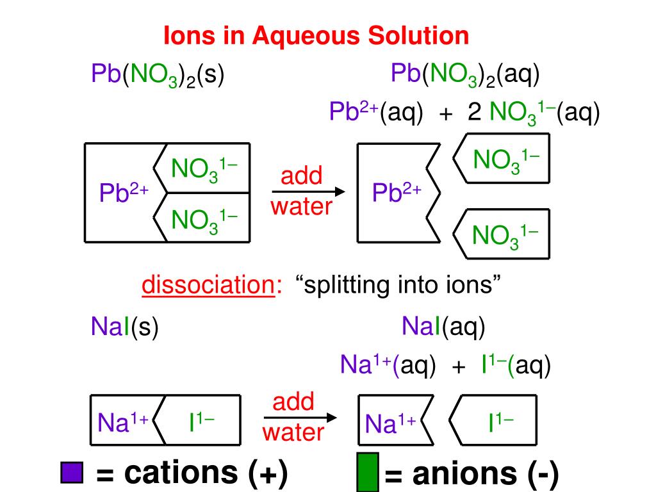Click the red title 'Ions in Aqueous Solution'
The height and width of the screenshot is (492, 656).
pos(316,35)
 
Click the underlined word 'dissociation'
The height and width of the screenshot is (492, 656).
pos(208,285)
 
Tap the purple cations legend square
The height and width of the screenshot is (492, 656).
pos(72,473)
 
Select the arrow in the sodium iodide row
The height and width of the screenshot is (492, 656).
pos(300,418)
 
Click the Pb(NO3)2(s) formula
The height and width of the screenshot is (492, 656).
pos(158,76)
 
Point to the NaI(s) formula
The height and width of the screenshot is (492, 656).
pos(124,328)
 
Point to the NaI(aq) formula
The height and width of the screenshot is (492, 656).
pos(443,327)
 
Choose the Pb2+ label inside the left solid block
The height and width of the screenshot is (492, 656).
pos(124,192)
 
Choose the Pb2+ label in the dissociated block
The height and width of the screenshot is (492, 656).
pos(397,192)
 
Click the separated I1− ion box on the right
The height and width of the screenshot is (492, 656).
pos(493,422)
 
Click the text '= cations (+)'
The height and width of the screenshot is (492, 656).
pos(192,473)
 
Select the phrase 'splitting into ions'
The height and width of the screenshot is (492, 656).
pos(397,285)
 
